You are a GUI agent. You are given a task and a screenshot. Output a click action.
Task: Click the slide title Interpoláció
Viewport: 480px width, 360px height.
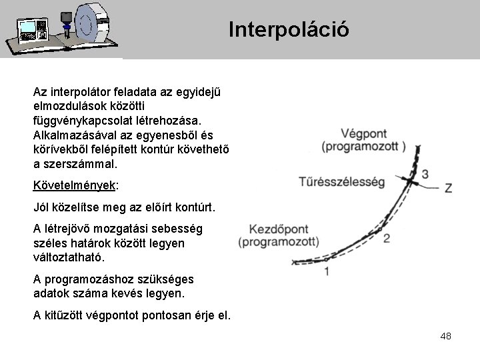pyautogui.click(x=288, y=29)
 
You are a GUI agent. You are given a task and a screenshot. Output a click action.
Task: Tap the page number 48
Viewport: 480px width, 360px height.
pyautogui.click(x=445, y=336)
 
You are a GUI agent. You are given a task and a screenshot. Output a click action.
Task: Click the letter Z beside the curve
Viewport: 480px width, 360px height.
pyautogui.click(x=447, y=189)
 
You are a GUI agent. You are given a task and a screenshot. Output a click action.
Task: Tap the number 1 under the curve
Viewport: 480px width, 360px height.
pyautogui.click(x=326, y=271)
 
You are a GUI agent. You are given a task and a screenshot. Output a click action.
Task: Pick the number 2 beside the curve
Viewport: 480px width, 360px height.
pyautogui.click(x=386, y=238)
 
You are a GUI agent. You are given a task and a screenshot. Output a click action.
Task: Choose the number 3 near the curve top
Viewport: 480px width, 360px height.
pyautogui.click(x=425, y=174)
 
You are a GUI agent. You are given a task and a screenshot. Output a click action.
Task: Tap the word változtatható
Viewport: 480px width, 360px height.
pyautogui.click(x=67, y=256)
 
